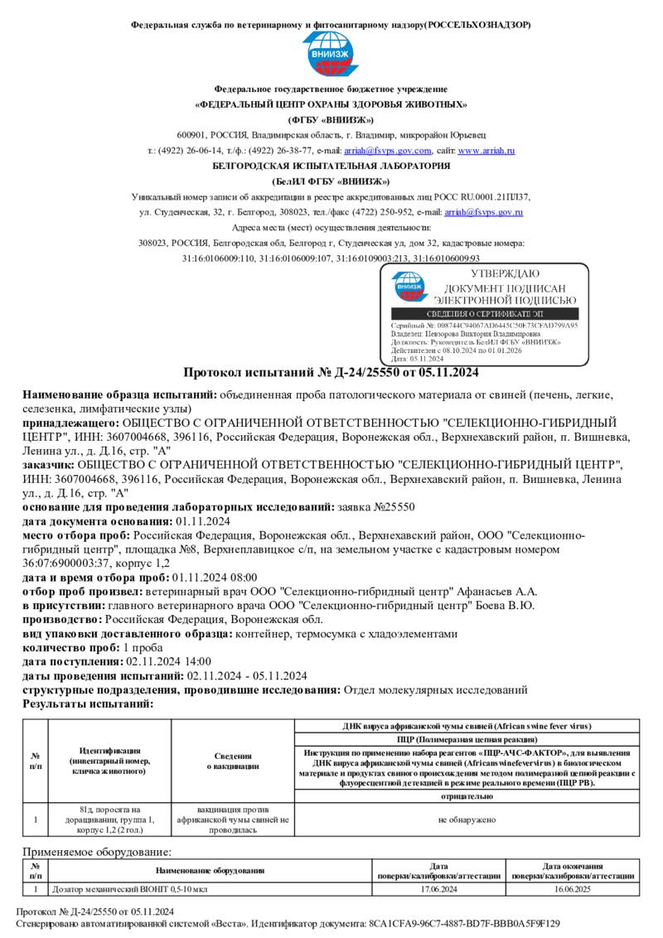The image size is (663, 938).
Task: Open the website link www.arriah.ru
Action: click(x=486, y=151)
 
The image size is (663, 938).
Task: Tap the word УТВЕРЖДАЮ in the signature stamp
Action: click(x=504, y=274)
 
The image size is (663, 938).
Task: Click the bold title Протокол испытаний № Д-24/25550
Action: click(x=331, y=372)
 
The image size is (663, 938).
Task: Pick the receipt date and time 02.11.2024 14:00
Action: click(x=168, y=661)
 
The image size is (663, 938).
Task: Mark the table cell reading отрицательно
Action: click(x=467, y=796)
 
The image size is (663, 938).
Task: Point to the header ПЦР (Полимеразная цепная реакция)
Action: click(x=467, y=738)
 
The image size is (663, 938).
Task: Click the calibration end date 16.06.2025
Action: click(x=573, y=889)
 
